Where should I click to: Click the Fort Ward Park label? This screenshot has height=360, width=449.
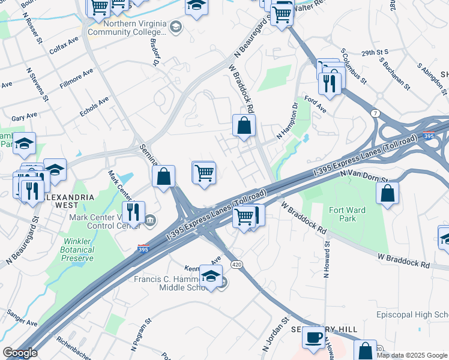pyautogui.click(x=342, y=214)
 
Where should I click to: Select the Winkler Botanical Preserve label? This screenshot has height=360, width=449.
pyautogui.click(x=77, y=250)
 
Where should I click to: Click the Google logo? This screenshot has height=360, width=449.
pyautogui.click(x=20, y=353)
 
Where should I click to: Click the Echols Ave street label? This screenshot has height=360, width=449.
pyautogui.click(x=94, y=107)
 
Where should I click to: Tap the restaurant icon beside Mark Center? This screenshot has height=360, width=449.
pyautogui.click(x=133, y=212)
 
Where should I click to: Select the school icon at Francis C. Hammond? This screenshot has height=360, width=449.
pyautogui.click(x=211, y=276)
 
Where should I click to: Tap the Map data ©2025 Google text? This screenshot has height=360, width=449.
pyautogui.click(x=412, y=355)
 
